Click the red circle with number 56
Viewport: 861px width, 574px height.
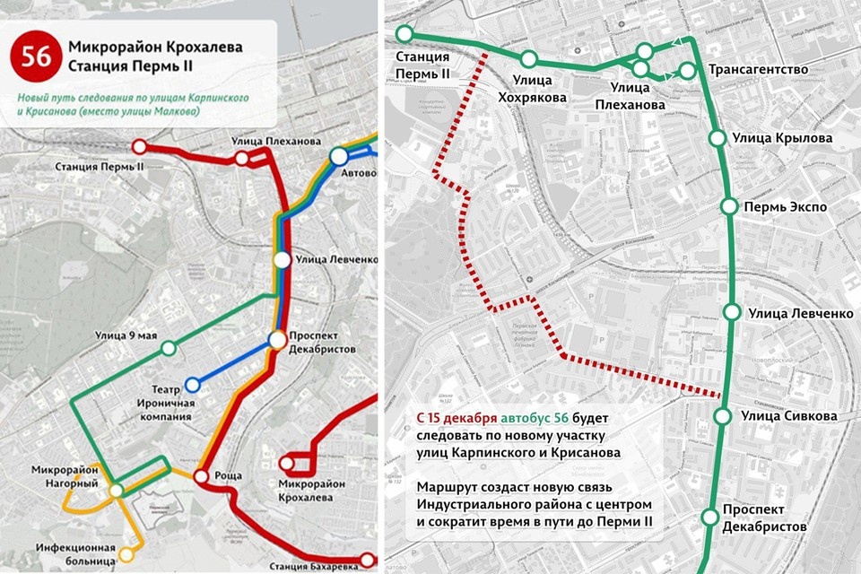point(36,56)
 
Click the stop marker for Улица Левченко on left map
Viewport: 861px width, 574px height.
point(283,260)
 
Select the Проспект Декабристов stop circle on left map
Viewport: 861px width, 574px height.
point(277,341)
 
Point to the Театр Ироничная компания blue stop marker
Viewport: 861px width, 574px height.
point(192,386)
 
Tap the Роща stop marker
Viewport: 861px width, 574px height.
point(200,477)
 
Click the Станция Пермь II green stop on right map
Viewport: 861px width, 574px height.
point(404,34)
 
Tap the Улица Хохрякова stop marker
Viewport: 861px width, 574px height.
point(529,59)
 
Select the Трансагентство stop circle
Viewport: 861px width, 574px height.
point(688,70)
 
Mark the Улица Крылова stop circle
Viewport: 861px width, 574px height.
point(717,138)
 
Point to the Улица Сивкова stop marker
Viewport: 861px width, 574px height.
point(723,415)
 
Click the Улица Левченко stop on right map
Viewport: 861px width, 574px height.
point(732,313)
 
